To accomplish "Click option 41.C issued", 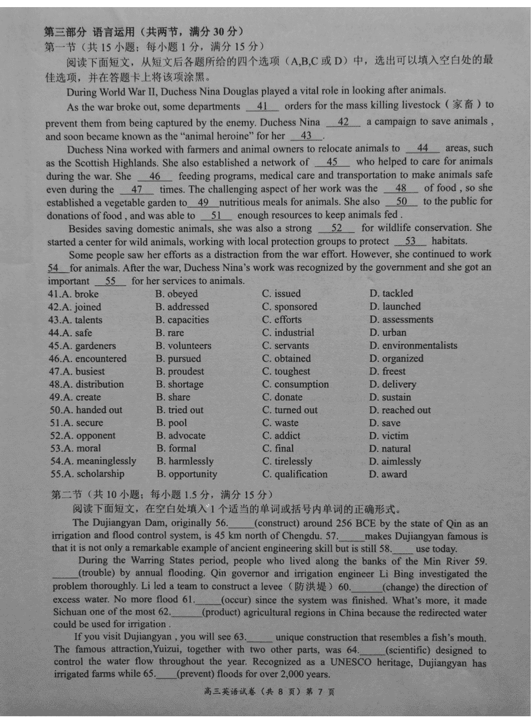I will coord(281,294).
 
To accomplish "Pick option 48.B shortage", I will coord(180,384).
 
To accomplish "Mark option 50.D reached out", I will coord(400,410).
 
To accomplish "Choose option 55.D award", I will coord(388,474).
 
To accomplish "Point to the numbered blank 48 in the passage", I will coord(401,189).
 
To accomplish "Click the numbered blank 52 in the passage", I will coord(336,228).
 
